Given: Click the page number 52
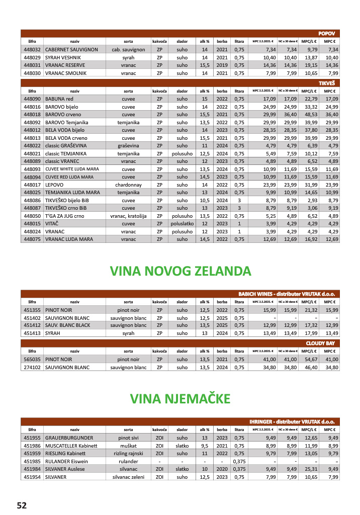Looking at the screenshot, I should pos(22,505).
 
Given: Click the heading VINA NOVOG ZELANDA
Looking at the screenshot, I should pos(181,271).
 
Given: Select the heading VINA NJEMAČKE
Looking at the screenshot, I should pos(180,399).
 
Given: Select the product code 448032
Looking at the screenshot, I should pos(32,50).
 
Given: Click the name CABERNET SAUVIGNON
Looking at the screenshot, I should pos(71,50).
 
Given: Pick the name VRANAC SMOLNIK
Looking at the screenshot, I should pos(65,73).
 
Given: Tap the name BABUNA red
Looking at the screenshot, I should pos(59,99).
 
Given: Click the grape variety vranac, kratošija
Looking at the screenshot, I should pos(128,216).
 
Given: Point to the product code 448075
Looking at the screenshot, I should pos(32,239).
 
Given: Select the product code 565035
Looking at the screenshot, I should pos(32,360).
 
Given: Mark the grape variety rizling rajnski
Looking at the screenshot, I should pos(128,453).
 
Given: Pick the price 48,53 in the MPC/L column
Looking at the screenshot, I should pos(310,115).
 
